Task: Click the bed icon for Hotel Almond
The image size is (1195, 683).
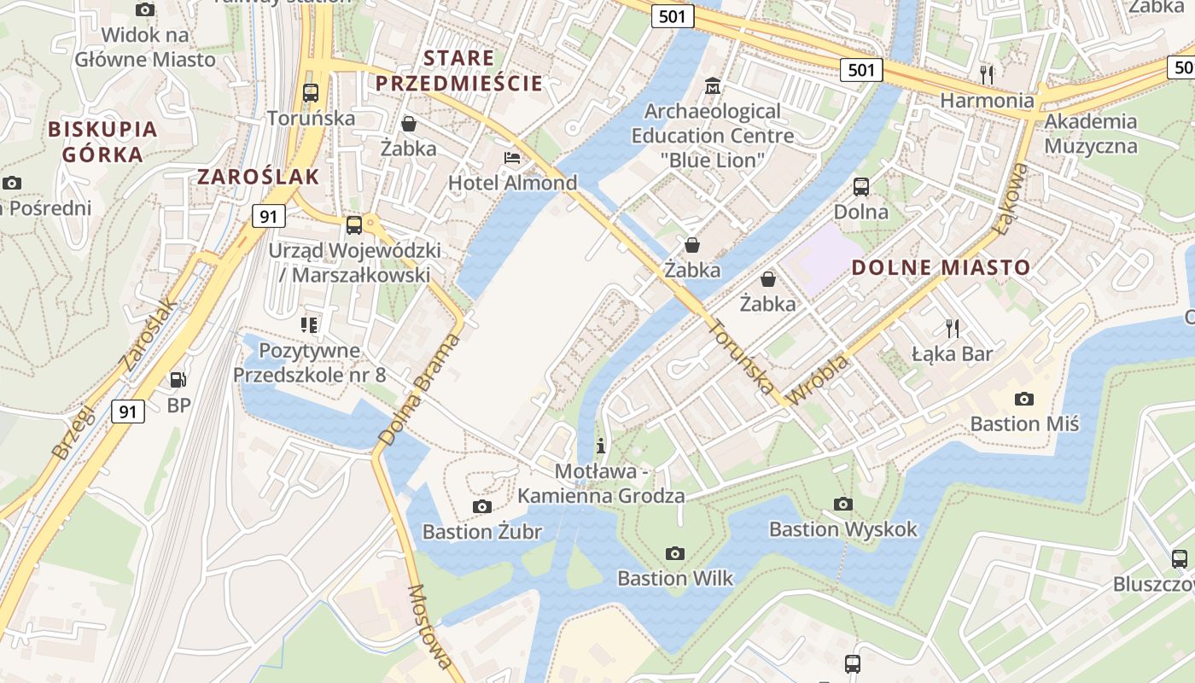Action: (511, 158)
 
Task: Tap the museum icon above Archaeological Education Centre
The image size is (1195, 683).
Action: (712, 86)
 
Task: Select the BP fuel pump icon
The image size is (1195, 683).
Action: (178, 379)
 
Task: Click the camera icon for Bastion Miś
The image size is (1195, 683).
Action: (1024, 399)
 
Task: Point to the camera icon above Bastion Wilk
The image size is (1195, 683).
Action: (675, 553)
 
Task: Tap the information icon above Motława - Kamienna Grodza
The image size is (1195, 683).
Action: (601, 446)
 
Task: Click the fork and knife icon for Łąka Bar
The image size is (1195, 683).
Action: (953, 328)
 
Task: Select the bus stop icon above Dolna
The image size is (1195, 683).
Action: (860, 187)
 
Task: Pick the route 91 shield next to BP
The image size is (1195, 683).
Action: (127, 412)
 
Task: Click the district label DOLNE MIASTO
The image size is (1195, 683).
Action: (941, 267)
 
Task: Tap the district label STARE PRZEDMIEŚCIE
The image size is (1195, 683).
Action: (459, 71)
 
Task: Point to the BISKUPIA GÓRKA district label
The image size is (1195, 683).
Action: (103, 142)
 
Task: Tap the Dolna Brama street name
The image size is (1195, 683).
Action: (418, 390)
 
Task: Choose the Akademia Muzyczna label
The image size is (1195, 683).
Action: (1091, 133)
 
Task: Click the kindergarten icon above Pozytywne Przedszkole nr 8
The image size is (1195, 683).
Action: (309, 324)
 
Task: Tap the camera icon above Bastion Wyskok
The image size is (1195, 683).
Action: (842, 505)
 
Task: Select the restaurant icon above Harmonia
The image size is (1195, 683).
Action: (987, 74)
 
